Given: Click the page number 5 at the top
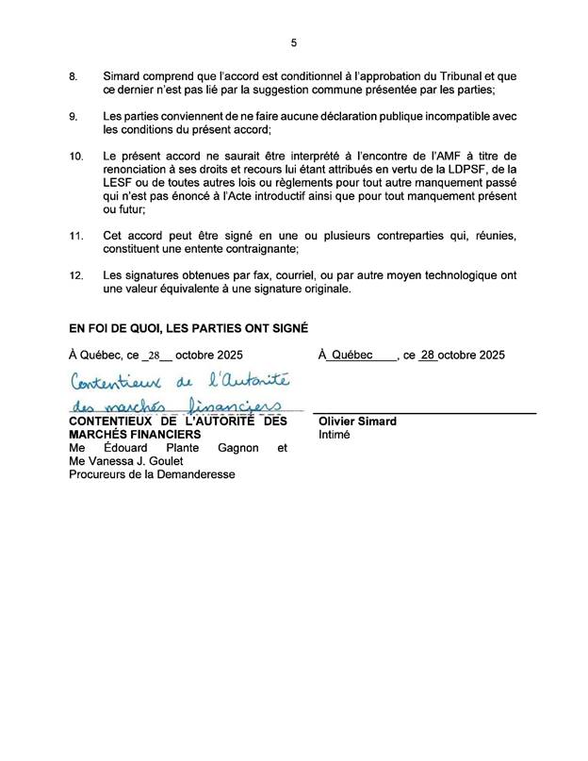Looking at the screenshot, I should pyautogui.click(x=294, y=42).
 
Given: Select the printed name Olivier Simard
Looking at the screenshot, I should pyautogui.click(x=358, y=422).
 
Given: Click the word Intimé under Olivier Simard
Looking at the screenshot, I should pyautogui.click(x=335, y=436).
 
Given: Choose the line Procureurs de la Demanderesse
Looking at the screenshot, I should pyautogui.click(x=152, y=475).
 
